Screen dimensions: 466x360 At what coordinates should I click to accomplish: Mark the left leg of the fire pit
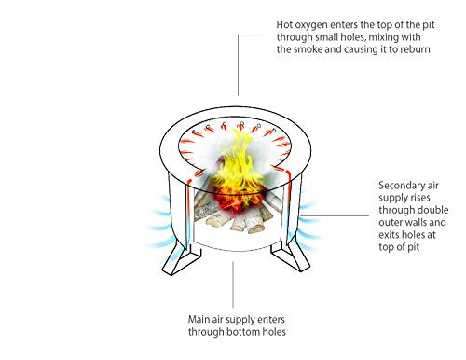(181, 260)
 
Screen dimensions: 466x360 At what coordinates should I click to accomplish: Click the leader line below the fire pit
(233, 284)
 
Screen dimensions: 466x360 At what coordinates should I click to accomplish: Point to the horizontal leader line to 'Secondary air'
(335, 215)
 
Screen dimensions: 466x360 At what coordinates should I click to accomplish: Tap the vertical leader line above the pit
(239, 65)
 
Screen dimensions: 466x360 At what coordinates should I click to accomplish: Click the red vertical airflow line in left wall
(188, 215)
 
